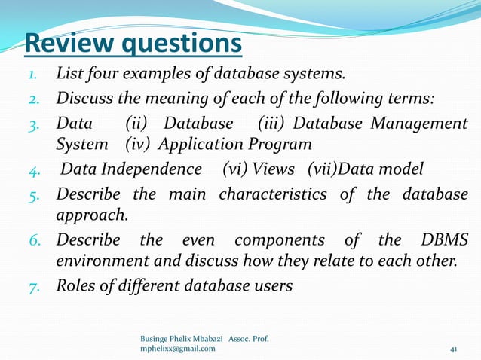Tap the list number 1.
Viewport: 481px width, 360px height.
tap(35, 75)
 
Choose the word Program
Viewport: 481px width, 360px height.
tap(266, 143)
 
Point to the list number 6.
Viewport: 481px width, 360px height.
tap(34, 240)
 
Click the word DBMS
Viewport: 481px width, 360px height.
tap(446, 239)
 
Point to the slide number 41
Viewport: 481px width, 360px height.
tap(454, 349)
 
